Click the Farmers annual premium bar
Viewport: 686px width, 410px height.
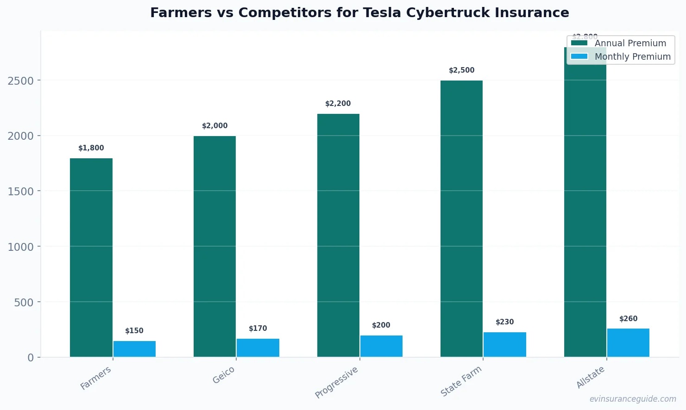[x=91, y=257]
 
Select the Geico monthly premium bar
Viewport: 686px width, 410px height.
[x=258, y=348]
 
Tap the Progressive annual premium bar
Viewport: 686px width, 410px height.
[x=338, y=235]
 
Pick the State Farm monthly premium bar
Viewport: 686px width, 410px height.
[x=505, y=344]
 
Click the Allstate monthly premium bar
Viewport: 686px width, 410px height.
[x=628, y=342]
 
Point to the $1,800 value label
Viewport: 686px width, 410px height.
[x=91, y=148]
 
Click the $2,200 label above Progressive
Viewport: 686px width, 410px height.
[x=338, y=104]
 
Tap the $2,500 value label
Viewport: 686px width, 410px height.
[x=462, y=70]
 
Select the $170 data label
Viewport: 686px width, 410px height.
[x=258, y=329]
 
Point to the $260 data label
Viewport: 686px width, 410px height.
[x=629, y=319]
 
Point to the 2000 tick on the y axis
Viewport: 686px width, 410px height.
[x=21, y=136]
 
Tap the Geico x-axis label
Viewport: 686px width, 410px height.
[x=224, y=375]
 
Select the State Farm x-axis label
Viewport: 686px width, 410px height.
[x=461, y=381]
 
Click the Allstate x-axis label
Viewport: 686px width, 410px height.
[x=591, y=377]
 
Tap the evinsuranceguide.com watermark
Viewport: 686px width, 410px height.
[x=633, y=399]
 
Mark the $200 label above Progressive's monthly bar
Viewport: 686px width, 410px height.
[x=381, y=325]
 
